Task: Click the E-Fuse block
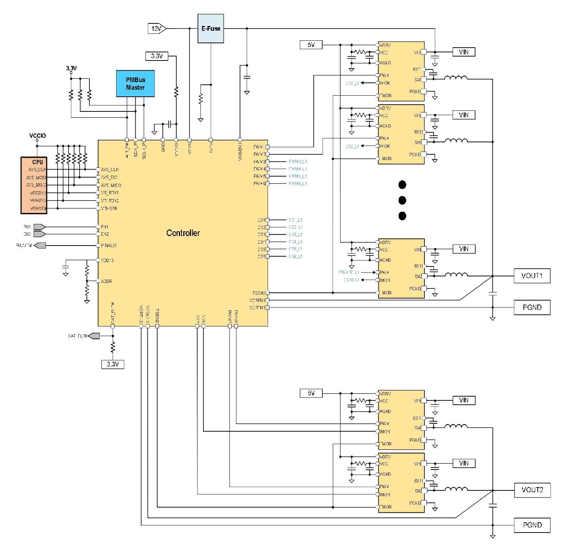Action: click(x=211, y=29)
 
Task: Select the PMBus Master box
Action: click(x=135, y=84)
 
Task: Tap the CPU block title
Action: click(x=37, y=162)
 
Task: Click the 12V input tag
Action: click(x=157, y=29)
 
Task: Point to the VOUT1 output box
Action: click(x=531, y=276)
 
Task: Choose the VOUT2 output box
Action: click(x=532, y=490)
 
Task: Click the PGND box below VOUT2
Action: click(x=532, y=525)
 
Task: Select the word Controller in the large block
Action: click(x=183, y=233)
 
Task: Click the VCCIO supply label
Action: click(x=37, y=136)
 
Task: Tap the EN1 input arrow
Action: click(x=39, y=227)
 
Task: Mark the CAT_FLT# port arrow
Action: click(x=94, y=336)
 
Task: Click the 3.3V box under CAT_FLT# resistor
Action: click(x=113, y=364)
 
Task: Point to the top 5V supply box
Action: click(x=311, y=45)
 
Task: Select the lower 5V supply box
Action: click(x=311, y=393)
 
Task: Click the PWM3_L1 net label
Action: click(x=298, y=162)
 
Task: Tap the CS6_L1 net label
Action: click(x=295, y=257)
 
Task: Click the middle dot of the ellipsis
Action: click(x=402, y=200)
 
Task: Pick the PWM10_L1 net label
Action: click(x=349, y=272)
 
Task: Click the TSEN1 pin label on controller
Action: click(x=258, y=293)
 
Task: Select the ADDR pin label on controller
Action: click(x=106, y=281)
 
